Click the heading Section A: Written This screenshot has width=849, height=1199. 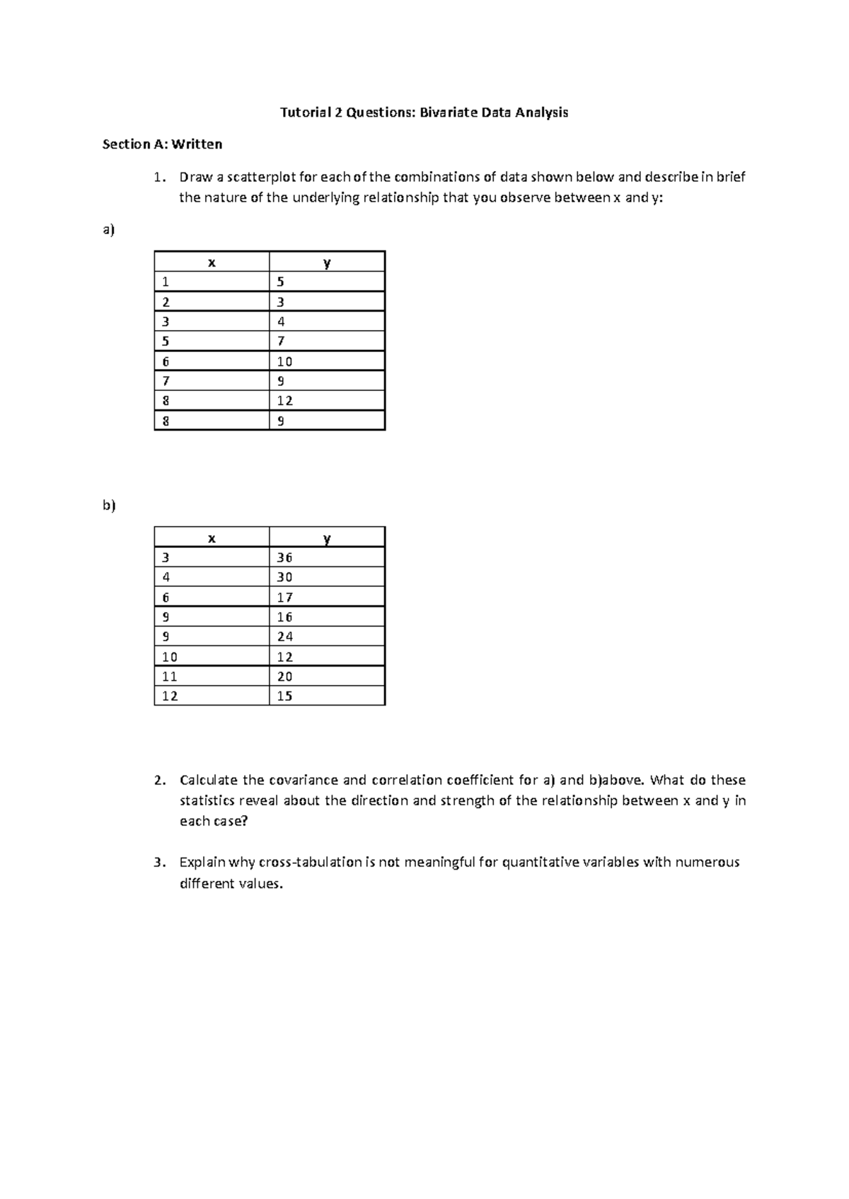(162, 144)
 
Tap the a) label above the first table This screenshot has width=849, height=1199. (108, 230)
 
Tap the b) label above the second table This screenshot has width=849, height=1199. (108, 505)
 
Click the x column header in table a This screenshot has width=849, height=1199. (212, 262)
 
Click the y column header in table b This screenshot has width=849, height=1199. (327, 538)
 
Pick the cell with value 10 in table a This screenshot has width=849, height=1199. (284, 361)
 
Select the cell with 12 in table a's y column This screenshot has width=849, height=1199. (284, 401)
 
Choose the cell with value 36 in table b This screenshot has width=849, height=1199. (284, 557)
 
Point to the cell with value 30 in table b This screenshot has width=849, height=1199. (284, 577)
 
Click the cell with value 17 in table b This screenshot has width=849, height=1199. (284, 597)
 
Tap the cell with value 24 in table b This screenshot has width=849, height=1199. (284, 636)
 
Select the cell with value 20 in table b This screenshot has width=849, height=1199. (284, 677)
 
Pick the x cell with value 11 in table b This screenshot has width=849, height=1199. (170, 677)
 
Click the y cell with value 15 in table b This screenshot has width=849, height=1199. (284, 696)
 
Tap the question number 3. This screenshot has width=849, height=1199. (159, 862)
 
